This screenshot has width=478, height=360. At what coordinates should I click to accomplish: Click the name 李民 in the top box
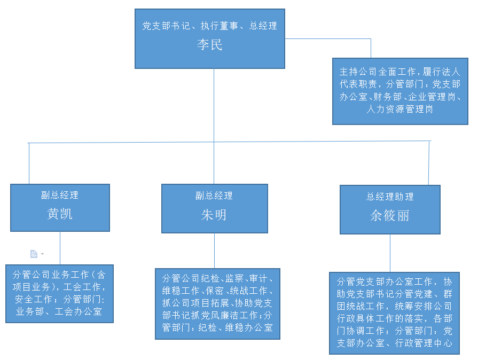click(209, 45)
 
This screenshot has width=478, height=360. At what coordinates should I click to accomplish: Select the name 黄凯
click(60, 214)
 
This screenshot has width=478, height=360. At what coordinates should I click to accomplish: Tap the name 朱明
click(214, 215)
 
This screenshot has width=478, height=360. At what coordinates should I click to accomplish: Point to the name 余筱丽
click(390, 215)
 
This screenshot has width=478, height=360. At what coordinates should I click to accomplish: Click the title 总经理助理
click(390, 197)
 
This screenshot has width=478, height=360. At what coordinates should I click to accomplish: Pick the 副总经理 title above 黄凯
click(60, 195)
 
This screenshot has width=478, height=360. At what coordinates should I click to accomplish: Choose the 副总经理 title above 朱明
click(214, 195)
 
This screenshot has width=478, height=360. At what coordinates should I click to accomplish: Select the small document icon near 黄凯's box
click(34, 254)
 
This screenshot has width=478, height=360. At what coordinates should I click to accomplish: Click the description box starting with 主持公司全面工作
click(399, 91)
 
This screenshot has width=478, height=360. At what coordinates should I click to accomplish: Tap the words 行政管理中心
click(429, 343)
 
